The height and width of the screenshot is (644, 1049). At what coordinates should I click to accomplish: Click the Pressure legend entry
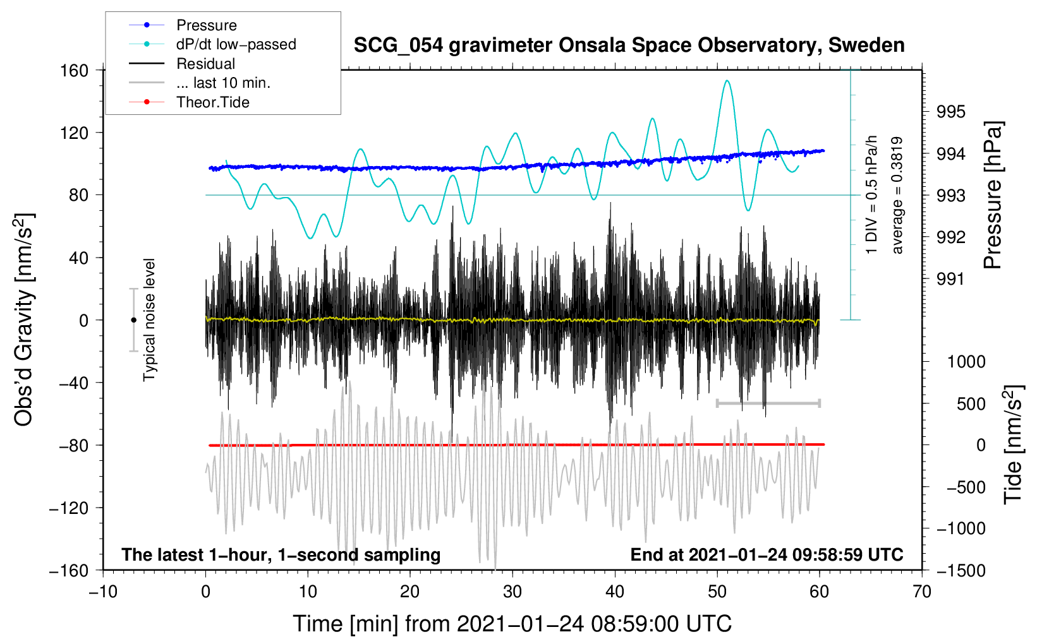[x=206, y=25]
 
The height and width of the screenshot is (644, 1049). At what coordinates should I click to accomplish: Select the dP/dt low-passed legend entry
[x=236, y=44]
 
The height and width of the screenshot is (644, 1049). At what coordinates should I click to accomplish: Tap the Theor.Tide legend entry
[x=212, y=102]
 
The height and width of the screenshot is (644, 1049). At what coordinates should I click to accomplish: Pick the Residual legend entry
[x=205, y=64]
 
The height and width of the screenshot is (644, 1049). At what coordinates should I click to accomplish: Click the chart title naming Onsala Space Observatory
[x=629, y=45]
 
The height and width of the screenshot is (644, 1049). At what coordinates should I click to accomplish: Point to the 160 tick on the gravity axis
[x=75, y=71]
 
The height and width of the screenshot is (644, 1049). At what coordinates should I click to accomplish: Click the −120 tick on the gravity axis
[x=69, y=508]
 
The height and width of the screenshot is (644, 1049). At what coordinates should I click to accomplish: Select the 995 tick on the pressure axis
[x=951, y=112]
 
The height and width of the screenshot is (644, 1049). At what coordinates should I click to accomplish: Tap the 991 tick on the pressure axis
[x=951, y=279]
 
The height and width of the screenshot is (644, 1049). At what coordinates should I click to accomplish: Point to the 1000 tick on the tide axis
[x=966, y=362]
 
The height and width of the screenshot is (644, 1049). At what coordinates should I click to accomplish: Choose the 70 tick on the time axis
[x=922, y=592]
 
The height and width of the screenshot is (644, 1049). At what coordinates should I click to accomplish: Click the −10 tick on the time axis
[x=103, y=592]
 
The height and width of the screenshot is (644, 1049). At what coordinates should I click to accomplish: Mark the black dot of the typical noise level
[x=133, y=320]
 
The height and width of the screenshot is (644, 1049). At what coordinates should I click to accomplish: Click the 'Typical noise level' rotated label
[x=149, y=320]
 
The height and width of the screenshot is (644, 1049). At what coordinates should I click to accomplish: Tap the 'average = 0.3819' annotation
[x=897, y=196]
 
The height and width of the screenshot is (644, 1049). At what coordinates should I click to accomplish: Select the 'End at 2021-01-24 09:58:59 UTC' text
[x=767, y=555]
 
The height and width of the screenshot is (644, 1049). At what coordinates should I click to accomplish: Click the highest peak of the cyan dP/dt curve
[x=727, y=81]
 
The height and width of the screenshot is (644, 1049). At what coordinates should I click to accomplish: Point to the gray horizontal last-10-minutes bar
[x=768, y=403]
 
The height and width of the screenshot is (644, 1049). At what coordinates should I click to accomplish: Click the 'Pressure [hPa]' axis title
[x=993, y=196]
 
